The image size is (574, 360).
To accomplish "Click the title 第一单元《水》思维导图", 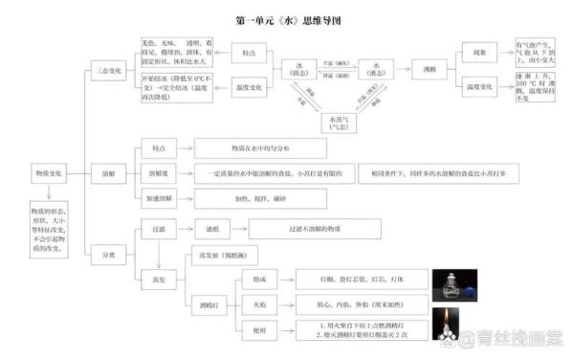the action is (287, 18).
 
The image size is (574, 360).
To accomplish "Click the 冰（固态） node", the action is (300, 69).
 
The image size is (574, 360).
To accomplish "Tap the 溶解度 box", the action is (159, 173).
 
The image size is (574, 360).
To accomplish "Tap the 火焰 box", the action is (260, 304).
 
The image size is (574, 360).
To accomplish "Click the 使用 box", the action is (260, 330).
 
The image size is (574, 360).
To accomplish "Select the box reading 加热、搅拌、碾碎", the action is (260, 198).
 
